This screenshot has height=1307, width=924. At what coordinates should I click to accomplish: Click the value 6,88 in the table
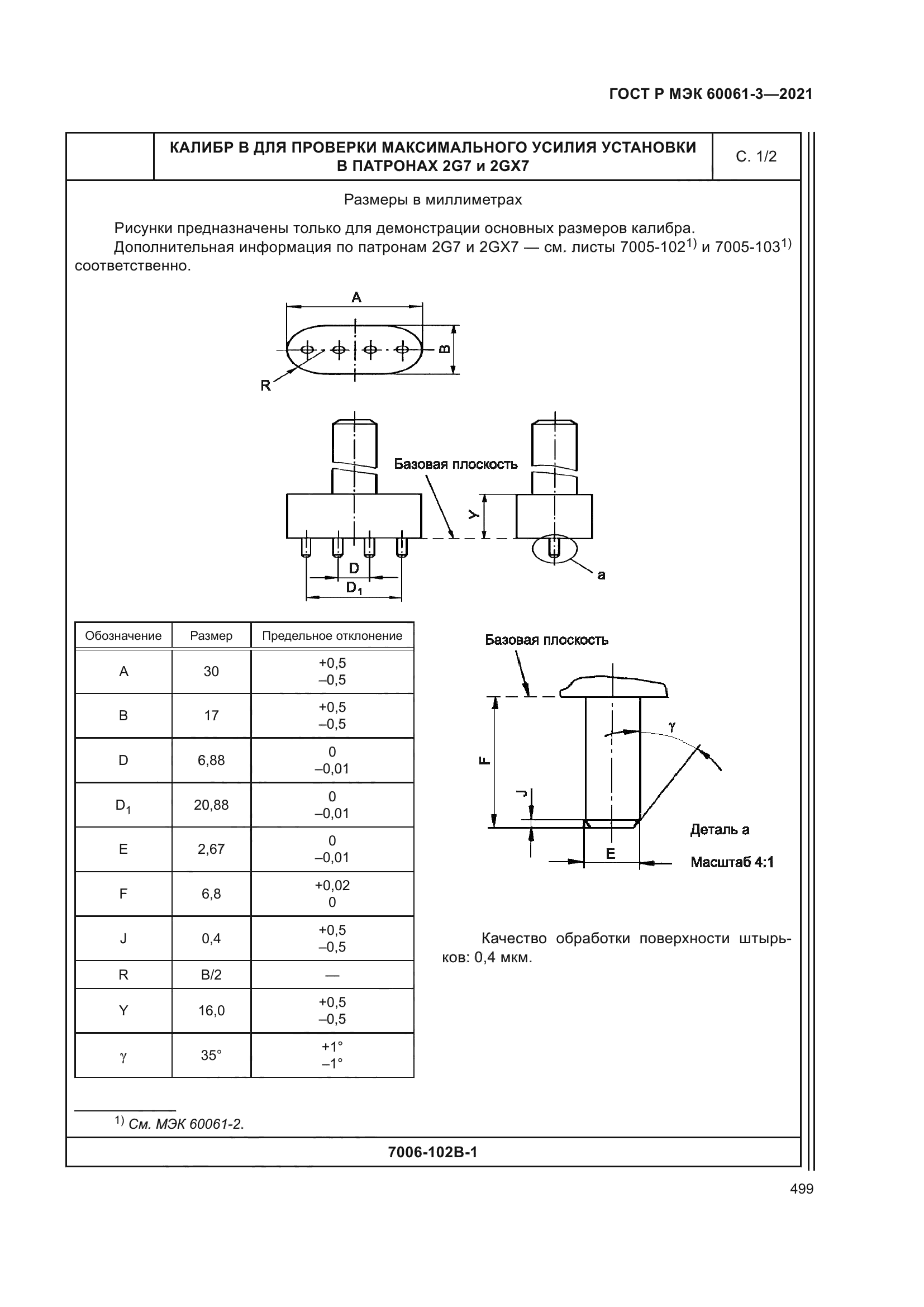pos(211,761)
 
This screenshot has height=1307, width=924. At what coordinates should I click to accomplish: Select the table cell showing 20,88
pos(211,805)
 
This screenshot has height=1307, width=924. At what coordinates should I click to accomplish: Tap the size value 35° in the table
pos(211,1056)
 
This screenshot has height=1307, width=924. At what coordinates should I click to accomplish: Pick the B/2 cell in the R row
pos(211,975)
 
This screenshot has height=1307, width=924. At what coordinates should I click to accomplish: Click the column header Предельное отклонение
pos(332,636)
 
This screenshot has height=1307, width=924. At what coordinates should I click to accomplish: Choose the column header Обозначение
pos(123,636)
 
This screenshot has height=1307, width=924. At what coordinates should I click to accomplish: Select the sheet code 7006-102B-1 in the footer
pos(432,1152)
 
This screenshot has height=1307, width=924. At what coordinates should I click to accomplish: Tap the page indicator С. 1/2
pos(756,157)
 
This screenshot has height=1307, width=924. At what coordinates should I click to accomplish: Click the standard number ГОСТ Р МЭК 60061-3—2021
pos(711,94)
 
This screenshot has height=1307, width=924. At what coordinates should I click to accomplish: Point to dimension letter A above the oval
pos(356,297)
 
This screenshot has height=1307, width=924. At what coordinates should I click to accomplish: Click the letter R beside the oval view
pos(265,386)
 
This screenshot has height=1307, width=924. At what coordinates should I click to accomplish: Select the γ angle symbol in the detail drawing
pos(672,726)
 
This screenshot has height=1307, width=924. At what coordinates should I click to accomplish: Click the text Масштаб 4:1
pos(732,862)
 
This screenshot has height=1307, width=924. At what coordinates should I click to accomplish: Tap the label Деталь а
pos(719,830)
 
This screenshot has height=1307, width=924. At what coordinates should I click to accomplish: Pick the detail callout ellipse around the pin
pos(554,549)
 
